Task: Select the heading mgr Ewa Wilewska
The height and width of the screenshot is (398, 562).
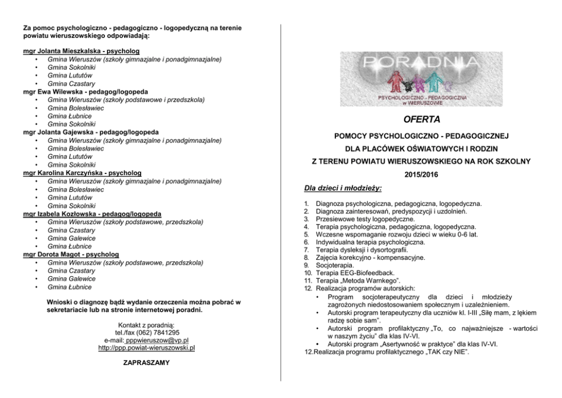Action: [53, 91]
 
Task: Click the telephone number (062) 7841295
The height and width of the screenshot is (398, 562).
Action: [155, 332]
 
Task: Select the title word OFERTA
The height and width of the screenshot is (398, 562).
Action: [421, 120]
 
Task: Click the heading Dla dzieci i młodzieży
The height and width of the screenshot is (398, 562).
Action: [343, 188]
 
